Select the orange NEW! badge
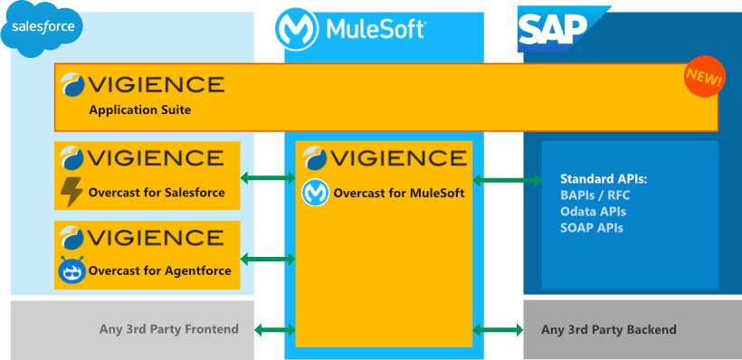coord(704,79)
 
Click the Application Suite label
coord(140,109)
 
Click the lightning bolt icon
coord(71,193)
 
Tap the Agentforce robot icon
coord(71,270)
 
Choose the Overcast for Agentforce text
coord(159,270)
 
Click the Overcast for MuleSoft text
coord(399,193)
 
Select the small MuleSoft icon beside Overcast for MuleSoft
coord(315,193)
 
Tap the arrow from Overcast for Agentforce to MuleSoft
coord(268,260)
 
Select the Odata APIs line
coord(593,211)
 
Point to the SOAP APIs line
coord(592,227)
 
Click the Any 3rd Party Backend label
coord(608,329)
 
